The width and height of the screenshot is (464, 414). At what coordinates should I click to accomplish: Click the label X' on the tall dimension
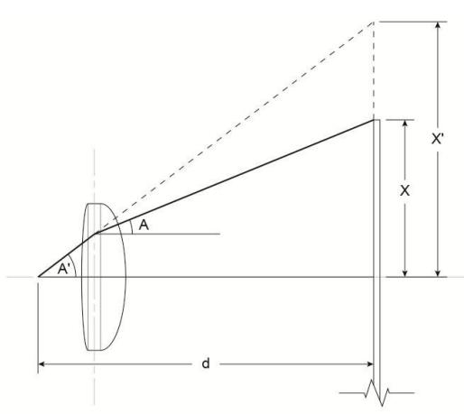437,139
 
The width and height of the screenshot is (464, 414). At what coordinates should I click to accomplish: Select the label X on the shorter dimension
404,190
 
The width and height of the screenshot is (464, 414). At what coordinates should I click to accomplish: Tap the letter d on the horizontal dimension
206,363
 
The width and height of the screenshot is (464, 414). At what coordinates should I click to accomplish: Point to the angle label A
144,225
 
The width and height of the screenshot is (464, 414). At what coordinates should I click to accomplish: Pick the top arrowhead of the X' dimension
438,25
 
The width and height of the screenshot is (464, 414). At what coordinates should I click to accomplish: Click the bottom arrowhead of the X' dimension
438,273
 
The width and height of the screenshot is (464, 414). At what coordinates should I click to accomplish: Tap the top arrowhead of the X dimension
405,124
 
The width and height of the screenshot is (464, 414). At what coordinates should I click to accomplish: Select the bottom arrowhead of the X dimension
405,273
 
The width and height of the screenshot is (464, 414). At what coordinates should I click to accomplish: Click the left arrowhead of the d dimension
42,364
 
